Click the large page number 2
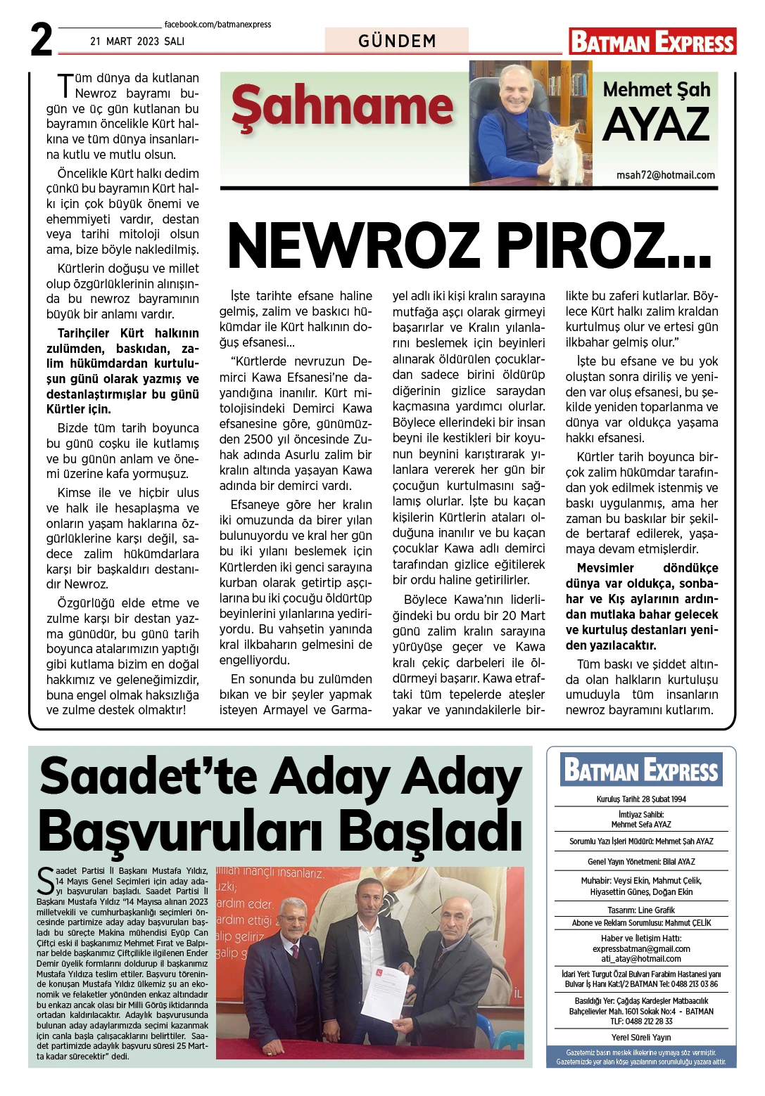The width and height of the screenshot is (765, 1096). point(42,40)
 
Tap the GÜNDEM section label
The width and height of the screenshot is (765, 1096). point(397,41)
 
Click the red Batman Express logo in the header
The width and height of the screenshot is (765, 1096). point(652,41)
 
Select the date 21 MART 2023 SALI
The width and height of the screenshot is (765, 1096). point(137,41)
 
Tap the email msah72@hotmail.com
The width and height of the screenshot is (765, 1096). point(665,175)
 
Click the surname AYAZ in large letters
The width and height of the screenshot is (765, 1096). point(656,125)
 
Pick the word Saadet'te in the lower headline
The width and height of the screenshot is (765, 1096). point(151,778)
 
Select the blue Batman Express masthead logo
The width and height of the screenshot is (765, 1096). point(641,771)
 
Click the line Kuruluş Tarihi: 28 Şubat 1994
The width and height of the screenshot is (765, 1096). point(641,799)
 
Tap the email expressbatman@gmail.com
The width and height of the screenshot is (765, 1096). point(641,948)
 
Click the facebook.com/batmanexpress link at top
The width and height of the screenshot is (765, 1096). point(217,25)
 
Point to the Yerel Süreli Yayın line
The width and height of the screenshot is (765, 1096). point(641,1037)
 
